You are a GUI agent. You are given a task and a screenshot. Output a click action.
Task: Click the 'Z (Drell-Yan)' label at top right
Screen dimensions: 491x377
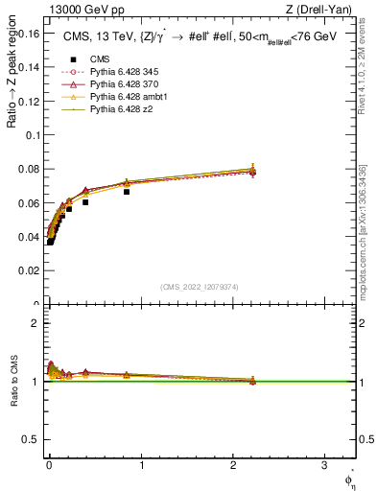tap(323, 9)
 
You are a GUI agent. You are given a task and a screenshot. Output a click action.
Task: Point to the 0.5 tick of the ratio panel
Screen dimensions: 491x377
tap(30, 440)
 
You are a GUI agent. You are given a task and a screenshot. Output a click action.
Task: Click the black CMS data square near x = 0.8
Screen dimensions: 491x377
tap(126, 192)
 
